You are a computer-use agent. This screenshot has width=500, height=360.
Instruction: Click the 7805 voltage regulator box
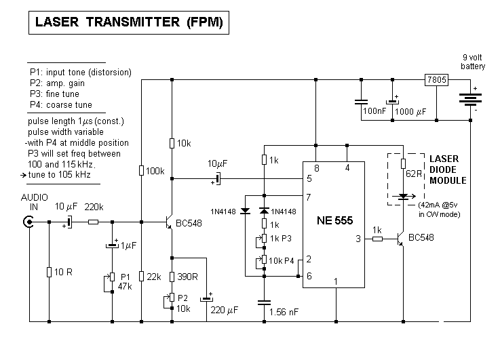[436, 80]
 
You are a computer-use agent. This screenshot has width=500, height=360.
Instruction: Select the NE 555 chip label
[337, 220]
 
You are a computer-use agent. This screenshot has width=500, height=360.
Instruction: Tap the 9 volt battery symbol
[469, 98]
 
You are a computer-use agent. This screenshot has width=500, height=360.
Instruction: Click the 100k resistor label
[155, 171]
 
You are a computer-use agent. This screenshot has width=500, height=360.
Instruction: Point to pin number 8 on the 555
[316, 167]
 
